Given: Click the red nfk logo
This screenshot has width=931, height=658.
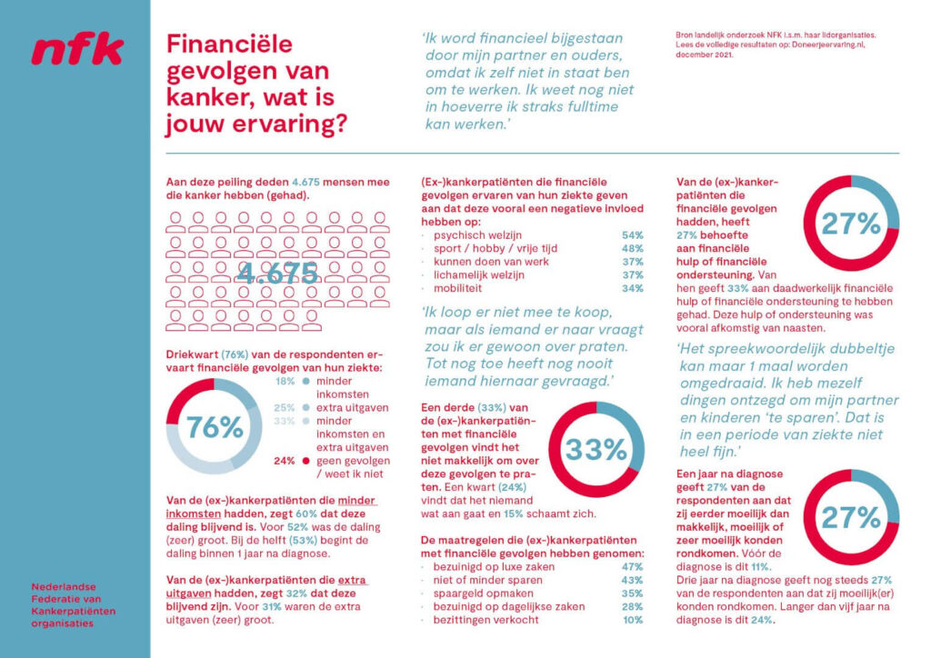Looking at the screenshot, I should [x=77, y=51].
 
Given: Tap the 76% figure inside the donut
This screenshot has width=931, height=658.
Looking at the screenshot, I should [x=215, y=427].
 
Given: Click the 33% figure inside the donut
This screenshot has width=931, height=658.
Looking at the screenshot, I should [x=596, y=448].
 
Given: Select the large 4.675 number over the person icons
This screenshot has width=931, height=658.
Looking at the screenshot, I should [x=277, y=273].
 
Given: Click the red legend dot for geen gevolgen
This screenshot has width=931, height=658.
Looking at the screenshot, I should [x=306, y=461].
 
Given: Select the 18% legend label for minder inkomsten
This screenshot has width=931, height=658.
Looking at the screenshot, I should [x=285, y=382].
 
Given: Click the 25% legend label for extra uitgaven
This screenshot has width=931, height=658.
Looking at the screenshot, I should [x=285, y=408].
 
